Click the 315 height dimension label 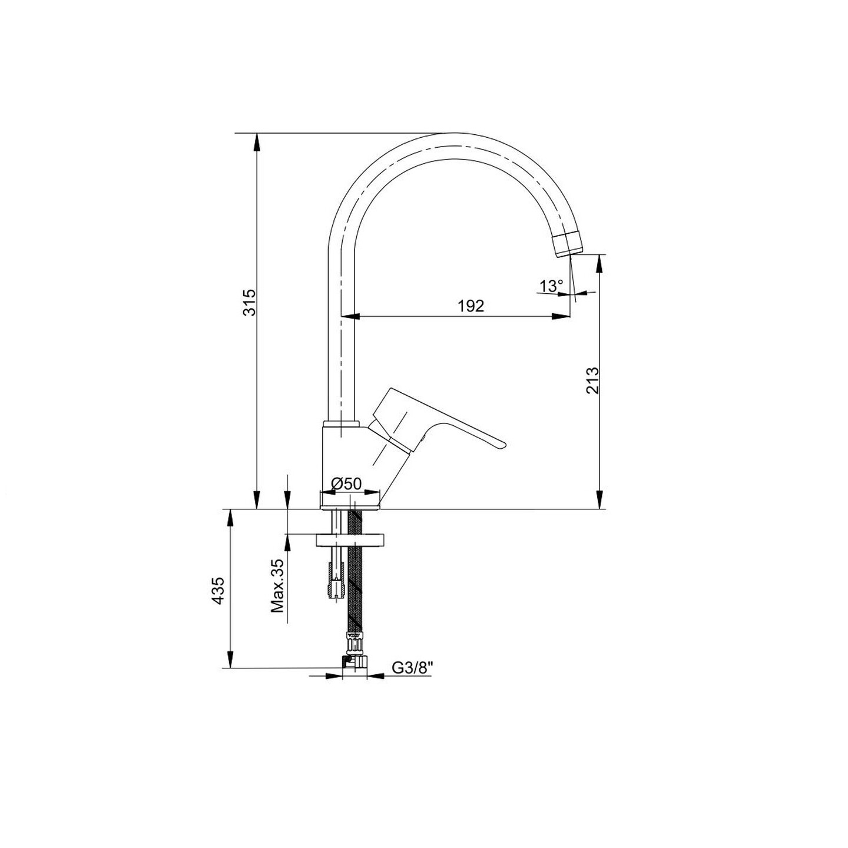(x=250, y=302)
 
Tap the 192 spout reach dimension (x=471, y=306)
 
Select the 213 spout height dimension (x=593, y=380)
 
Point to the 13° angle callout (x=551, y=286)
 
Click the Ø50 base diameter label (x=346, y=484)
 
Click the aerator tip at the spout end (x=568, y=244)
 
